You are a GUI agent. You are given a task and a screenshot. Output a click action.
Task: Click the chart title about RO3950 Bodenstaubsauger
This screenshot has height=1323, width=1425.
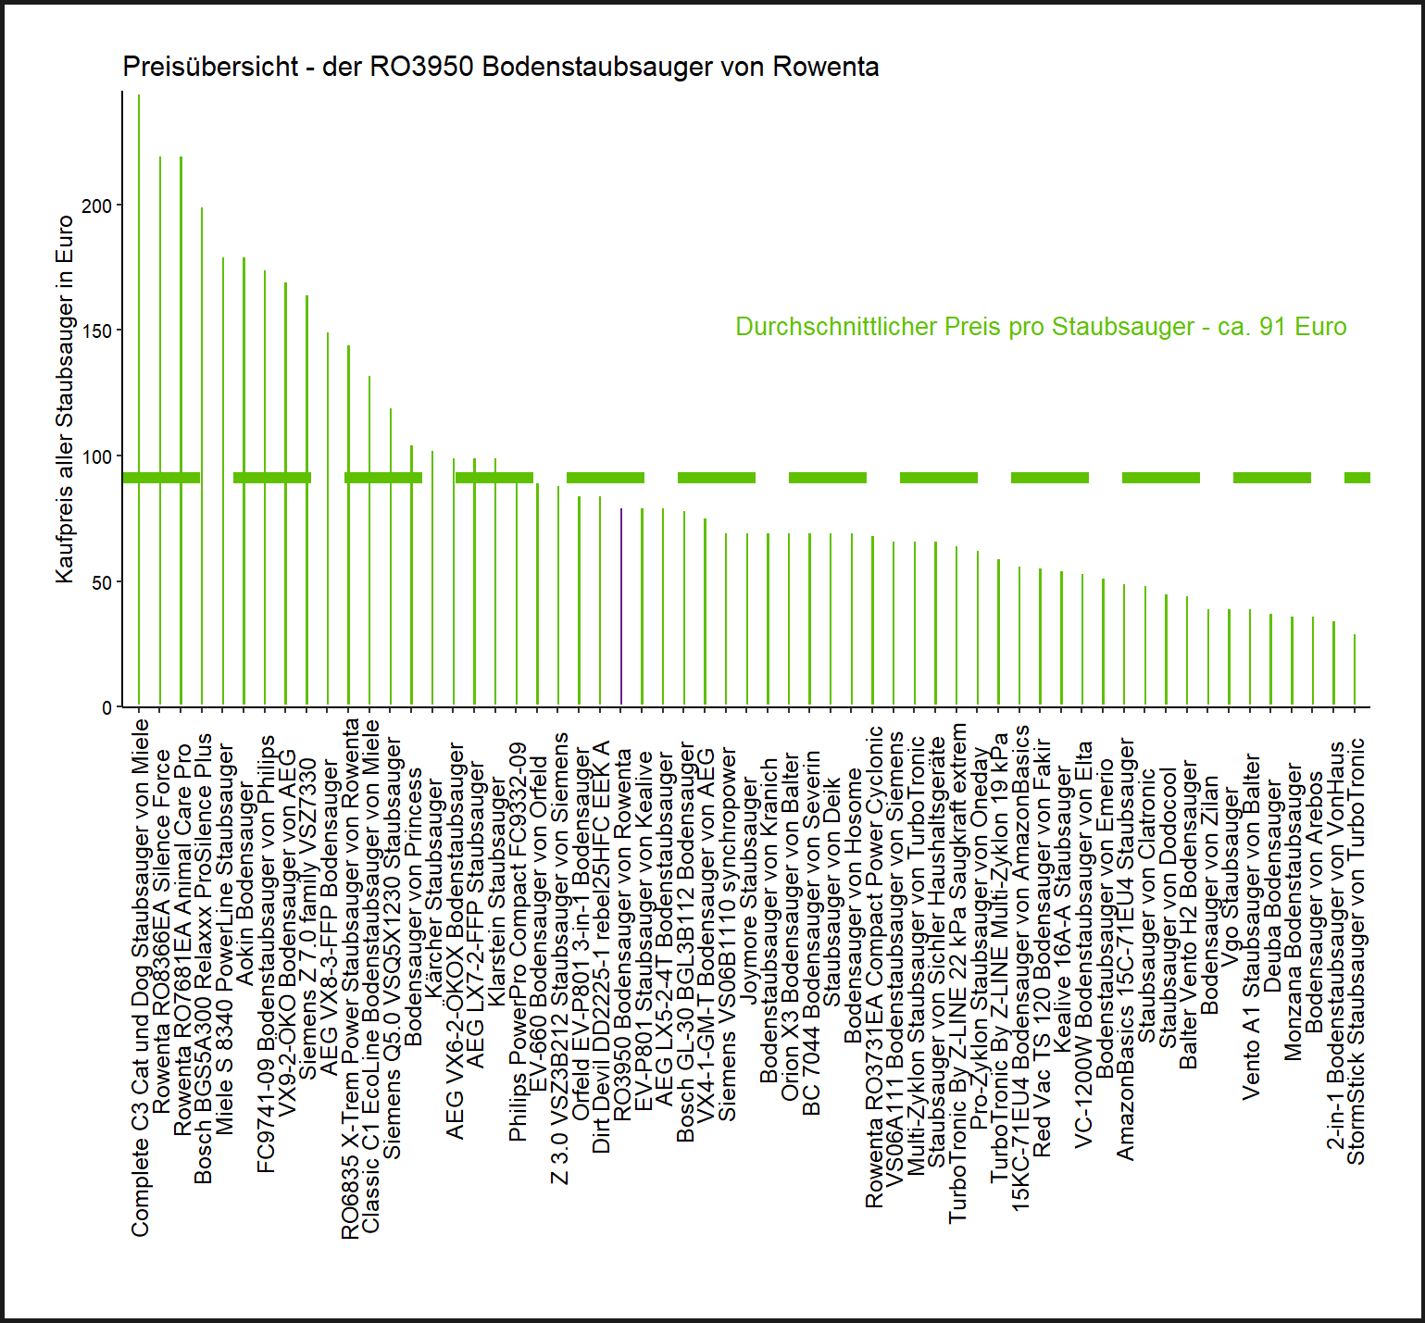(500, 67)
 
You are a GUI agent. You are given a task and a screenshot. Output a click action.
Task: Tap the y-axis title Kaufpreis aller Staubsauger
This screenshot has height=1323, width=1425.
(65, 399)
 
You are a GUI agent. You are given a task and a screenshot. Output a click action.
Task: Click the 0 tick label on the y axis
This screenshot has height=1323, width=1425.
(107, 708)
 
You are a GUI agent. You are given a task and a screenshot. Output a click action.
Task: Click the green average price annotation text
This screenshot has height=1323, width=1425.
(1041, 327)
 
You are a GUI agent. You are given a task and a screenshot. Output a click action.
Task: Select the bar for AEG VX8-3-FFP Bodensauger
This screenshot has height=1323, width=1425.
(328, 519)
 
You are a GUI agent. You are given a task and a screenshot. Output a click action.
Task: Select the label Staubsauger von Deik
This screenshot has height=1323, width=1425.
(831, 892)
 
